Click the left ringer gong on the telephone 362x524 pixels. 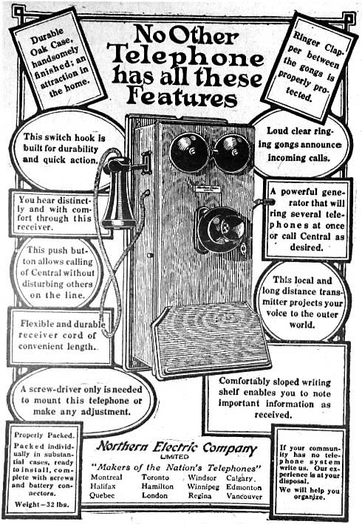coord(188,152)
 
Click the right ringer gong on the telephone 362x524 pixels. coord(232,153)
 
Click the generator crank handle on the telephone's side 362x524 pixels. coord(264,201)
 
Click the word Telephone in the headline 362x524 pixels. coord(187,57)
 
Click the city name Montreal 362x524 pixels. coord(106,478)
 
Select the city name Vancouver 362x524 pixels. coord(245,496)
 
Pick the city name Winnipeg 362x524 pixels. coord(203,487)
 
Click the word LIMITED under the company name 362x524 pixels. coord(174,457)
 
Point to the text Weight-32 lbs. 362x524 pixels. coord(41,504)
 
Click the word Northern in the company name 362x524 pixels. coord(122,446)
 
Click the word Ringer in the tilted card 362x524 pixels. coord(306,39)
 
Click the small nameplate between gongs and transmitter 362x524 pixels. coord(208,189)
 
